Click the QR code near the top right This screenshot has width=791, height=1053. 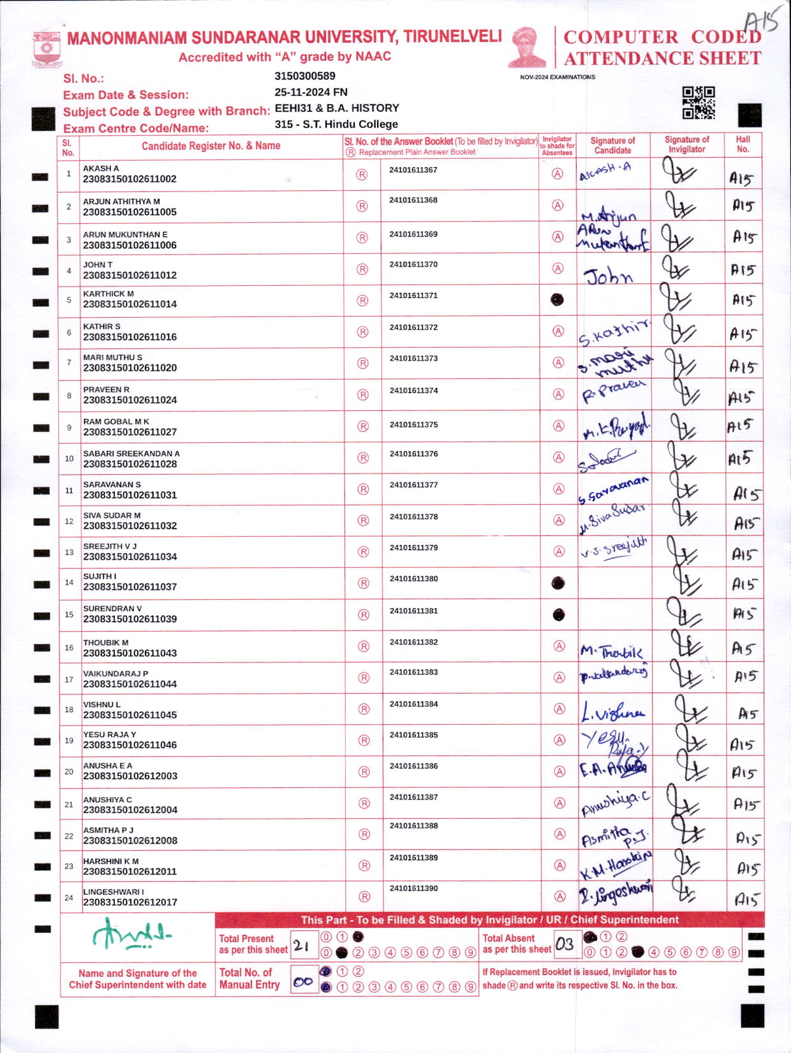(x=699, y=103)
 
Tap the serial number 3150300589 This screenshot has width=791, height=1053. (x=305, y=76)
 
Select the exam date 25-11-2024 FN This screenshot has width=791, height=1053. (x=311, y=92)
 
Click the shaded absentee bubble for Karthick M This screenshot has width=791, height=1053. (x=558, y=299)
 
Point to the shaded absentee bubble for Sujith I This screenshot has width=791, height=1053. (x=558, y=583)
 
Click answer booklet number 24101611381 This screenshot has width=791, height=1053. (x=413, y=611)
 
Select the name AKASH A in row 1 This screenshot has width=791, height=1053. (x=101, y=168)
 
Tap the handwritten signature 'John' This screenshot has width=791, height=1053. (x=609, y=276)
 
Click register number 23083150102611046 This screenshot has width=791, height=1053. (x=130, y=745)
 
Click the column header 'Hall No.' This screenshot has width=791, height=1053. (x=743, y=144)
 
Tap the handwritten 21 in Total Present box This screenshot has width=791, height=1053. (x=302, y=946)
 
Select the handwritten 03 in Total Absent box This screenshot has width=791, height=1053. (x=565, y=945)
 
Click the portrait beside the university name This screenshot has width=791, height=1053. (x=527, y=48)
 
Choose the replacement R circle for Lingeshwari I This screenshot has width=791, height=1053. (x=364, y=897)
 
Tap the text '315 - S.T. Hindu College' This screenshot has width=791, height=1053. (x=336, y=124)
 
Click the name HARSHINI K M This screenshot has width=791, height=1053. (x=111, y=861)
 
